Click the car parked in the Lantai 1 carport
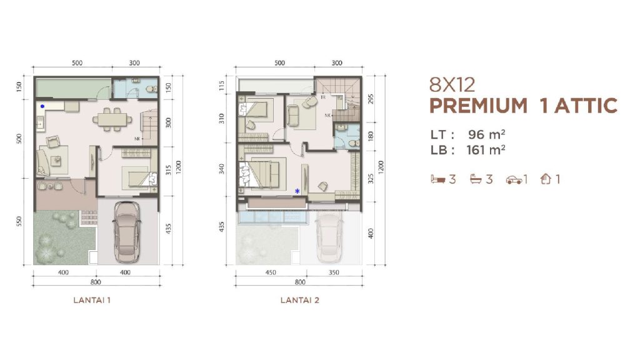click(x=127, y=232)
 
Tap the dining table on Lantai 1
click(x=112, y=119)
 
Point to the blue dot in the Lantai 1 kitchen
click(x=42, y=106)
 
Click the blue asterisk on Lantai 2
click(x=297, y=191)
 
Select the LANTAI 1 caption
click(x=92, y=300)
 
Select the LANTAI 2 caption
click(x=299, y=300)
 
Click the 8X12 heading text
click(x=452, y=85)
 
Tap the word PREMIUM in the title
click(x=478, y=106)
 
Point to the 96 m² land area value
click(x=486, y=134)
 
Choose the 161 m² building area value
click(x=486, y=150)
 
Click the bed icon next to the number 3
click(x=438, y=179)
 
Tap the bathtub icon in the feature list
click(x=476, y=179)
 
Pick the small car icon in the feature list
click(x=514, y=179)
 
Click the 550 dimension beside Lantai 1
click(x=19, y=222)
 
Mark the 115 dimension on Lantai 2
click(x=222, y=85)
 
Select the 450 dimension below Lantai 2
click(x=271, y=272)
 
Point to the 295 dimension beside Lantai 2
click(x=371, y=99)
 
